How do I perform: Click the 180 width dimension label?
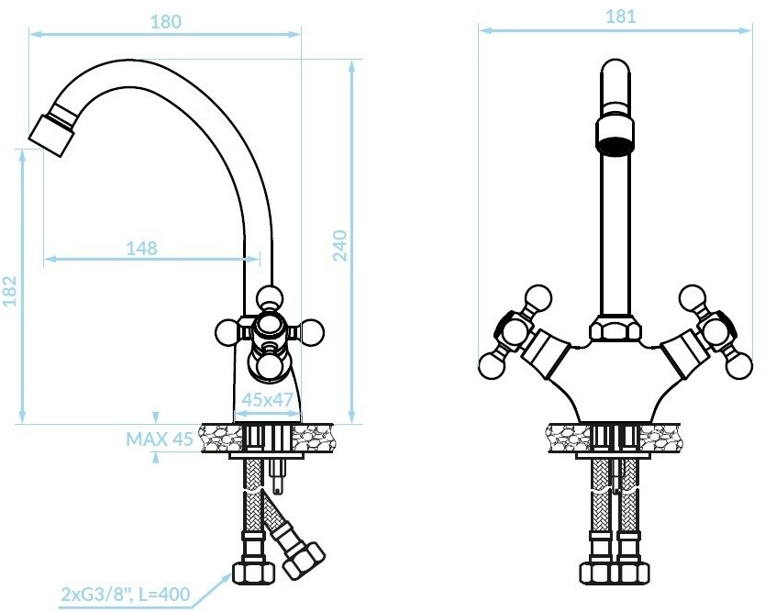point(165,22)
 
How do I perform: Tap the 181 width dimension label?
point(621,17)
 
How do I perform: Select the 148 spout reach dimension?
point(142,249)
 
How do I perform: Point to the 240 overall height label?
point(340,246)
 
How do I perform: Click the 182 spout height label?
point(10,291)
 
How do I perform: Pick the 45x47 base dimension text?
point(267,400)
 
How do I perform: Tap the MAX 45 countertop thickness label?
point(160,440)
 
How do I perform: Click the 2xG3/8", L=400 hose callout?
point(126,594)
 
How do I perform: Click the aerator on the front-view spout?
point(615,132)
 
